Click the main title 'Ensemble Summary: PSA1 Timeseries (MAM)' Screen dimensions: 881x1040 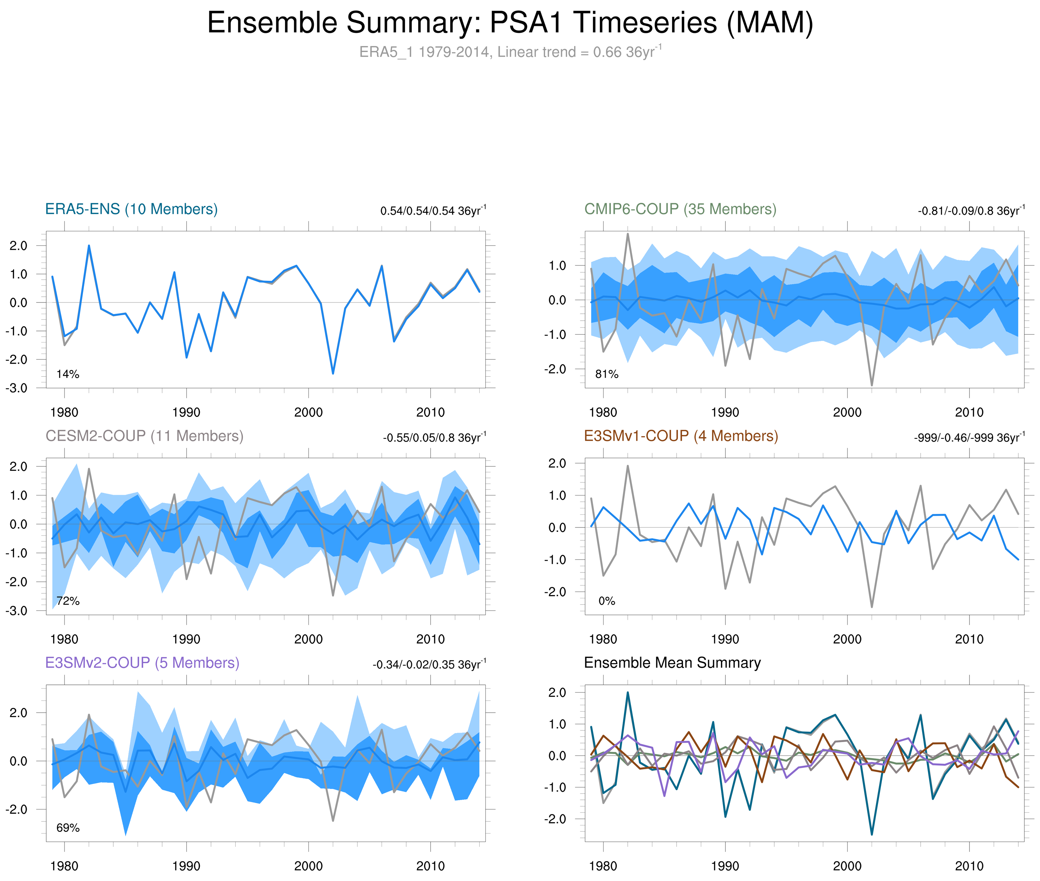(x=510, y=23)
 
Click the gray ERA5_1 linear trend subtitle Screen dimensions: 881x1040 (x=510, y=52)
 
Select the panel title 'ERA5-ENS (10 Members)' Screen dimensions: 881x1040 (x=131, y=209)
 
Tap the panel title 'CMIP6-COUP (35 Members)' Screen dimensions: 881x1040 (x=680, y=209)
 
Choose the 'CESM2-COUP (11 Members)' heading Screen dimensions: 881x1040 (x=144, y=436)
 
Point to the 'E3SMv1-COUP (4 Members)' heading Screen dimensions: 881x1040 (x=680, y=436)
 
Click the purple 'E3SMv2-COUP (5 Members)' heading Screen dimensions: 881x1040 (x=142, y=663)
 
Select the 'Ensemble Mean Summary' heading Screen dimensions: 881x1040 (x=672, y=663)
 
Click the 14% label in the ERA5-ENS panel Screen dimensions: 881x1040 (x=68, y=374)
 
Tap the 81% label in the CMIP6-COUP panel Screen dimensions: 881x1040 (x=607, y=374)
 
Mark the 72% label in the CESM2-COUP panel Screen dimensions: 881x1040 (x=68, y=601)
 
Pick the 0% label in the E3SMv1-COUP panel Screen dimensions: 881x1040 (x=607, y=601)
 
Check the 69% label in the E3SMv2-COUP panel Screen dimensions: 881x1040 (x=68, y=828)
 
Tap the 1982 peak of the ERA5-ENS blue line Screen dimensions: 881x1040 (x=89, y=246)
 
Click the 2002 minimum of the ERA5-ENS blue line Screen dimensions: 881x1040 (x=333, y=373)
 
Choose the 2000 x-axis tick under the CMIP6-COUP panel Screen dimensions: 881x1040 (x=847, y=412)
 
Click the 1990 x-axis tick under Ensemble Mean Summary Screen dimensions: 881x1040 (x=725, y=866)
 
